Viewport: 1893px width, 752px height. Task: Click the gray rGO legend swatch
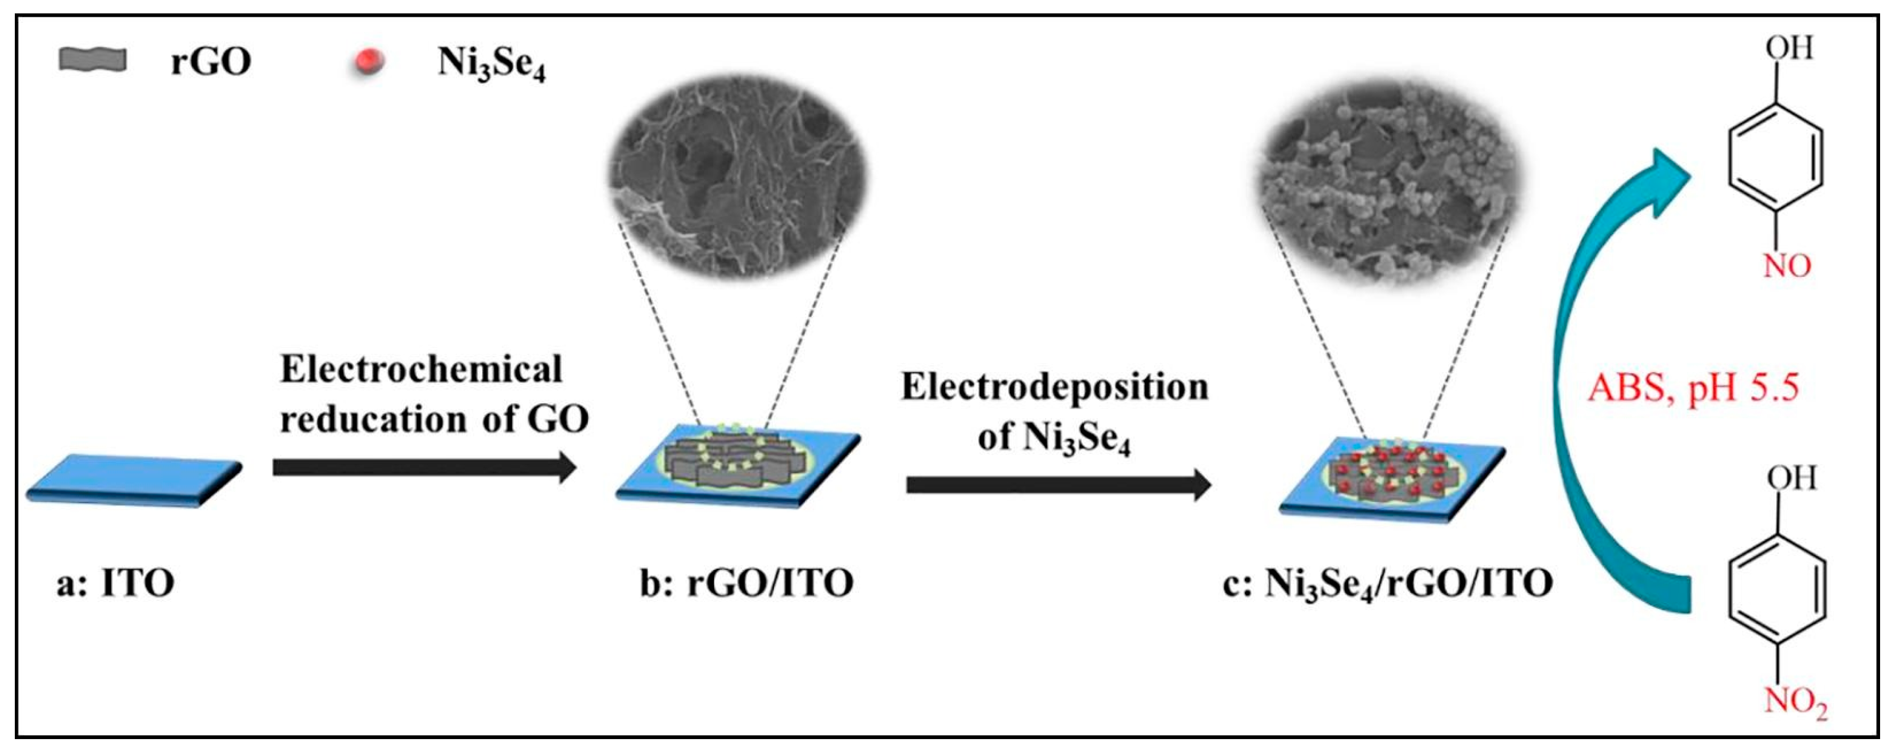[x=93, y=60]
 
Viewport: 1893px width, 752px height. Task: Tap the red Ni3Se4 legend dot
[x=368, y=62]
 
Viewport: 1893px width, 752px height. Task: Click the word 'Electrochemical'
[x=421, y=370]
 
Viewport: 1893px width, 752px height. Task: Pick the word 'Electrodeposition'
[x=1055, y=387]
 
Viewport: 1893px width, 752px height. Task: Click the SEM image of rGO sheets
[x=739, y=176]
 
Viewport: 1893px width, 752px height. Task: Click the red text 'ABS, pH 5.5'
[x=1694, y=387]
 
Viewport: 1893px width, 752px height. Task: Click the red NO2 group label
[x=1795, y=704]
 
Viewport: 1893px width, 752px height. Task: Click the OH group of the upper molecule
[x=1789, y=49]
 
